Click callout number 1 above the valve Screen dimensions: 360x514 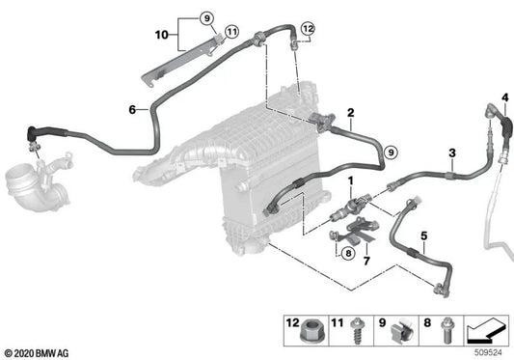(x=351, y=180)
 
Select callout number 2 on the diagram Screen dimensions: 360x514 (x=351, y=112)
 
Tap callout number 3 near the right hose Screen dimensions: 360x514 (x=451, y=153)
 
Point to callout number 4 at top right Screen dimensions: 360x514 (x=504, y=97)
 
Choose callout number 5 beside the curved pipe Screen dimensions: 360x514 (x=423, y=235)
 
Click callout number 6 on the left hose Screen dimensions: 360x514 (x=131, y=109)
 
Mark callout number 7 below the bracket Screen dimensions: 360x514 (x=365, y=261)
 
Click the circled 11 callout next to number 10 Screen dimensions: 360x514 (x=230, y=34)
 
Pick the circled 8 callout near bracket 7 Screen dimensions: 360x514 (x=348, y=253)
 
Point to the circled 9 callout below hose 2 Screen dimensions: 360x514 (x=390, y=152)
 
